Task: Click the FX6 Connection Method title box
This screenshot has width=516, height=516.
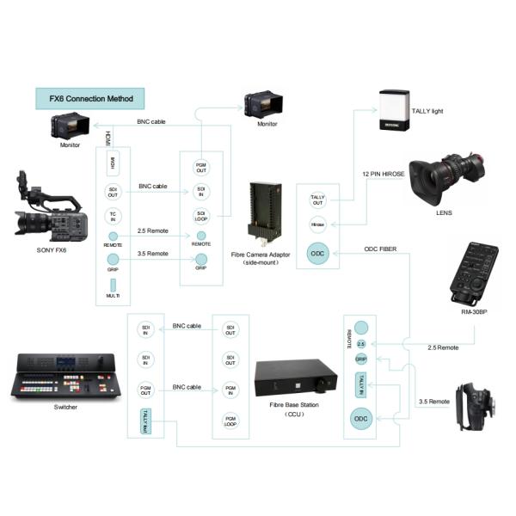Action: (89, 97)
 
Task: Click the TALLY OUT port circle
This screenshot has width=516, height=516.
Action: (317, 201)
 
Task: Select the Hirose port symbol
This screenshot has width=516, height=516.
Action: (317, 224)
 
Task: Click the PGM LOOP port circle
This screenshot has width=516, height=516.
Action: (230, 418)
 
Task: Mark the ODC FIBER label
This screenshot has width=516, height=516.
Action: (383, 249)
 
